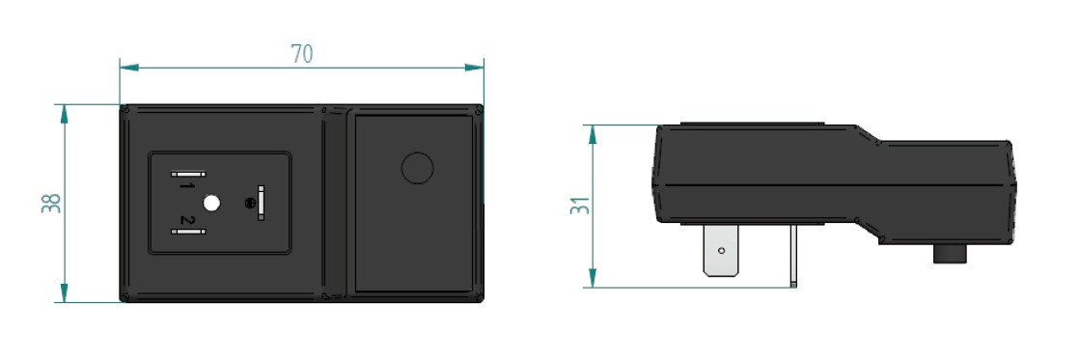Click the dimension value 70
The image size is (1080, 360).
[302, 54]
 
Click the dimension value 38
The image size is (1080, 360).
[52, 203]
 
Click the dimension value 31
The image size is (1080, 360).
[581, 206]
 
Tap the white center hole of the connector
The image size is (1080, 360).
[212, 203]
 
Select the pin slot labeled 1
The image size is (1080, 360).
[187, 174]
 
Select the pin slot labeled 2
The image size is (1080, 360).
[187, 232]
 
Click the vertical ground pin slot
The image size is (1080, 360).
[261, 203]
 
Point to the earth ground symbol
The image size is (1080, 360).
[250, 203]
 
